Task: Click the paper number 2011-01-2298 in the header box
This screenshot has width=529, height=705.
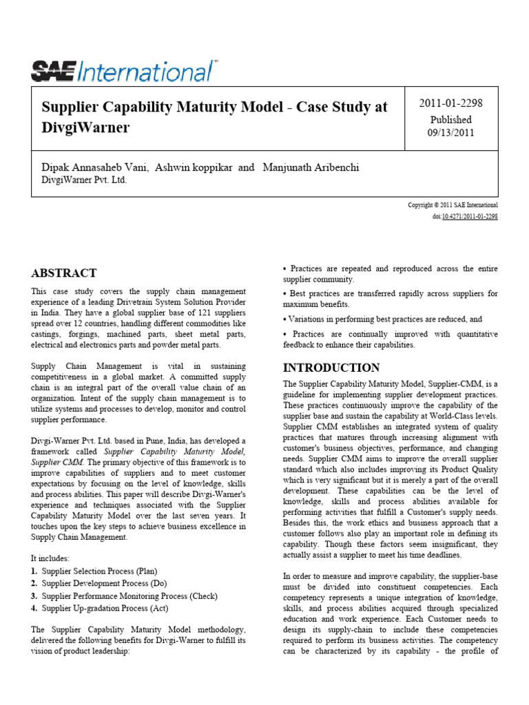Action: (451, 103)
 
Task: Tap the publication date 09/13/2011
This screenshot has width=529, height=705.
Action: (451, 132)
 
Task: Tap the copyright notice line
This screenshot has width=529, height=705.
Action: (453, 204)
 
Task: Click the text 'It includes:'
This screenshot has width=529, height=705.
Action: (50, 558)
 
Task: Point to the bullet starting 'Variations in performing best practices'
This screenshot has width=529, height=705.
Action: (382, 319)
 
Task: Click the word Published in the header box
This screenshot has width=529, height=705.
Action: (451, 119)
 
